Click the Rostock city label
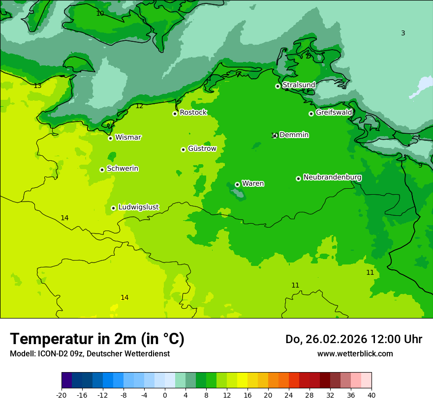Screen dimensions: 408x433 pyautogui.click(x=193, y=113)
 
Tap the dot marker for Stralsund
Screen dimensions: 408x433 pyautogui.click(x=278, y=86)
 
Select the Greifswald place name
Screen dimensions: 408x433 pyautogui.click(x=334, y=113)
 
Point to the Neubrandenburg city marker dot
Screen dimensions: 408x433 pyautogui.click(x=298, y=178)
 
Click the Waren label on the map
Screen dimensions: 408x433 pyautogui.click(x=253, y=183)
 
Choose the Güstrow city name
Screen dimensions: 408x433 pyautogui.click(x=202, y=148)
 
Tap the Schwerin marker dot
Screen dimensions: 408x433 pyautogui.click(x=102, y=170)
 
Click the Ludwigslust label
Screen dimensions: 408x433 pyautogui.click(x=138, y=207)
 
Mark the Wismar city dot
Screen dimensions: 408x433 pyautogui.click(x=110, y=138)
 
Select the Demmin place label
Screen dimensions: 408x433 pyautogui.click(x=294, y=135)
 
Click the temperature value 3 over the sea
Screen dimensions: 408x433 pyautogui.click(x=403, y=33)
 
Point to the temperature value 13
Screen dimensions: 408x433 pyautogui.click(x=37, y=86)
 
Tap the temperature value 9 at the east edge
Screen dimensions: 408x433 pyautogui.click(x=420, y=166)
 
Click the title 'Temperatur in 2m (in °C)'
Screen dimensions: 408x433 pyautogui.click(x=97, y=339)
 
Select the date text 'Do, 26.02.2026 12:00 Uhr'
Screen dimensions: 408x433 pyautogui.click(x=353, y=339)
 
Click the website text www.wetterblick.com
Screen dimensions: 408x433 pyautogui.click(x=355, y=353)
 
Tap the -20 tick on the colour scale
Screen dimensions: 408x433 pyautogui.click(x=62, y=395)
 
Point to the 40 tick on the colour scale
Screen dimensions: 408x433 pyautogui.click(x=371, y=395)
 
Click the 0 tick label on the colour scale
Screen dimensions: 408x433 pyautogui.click(x=165, y=395)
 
